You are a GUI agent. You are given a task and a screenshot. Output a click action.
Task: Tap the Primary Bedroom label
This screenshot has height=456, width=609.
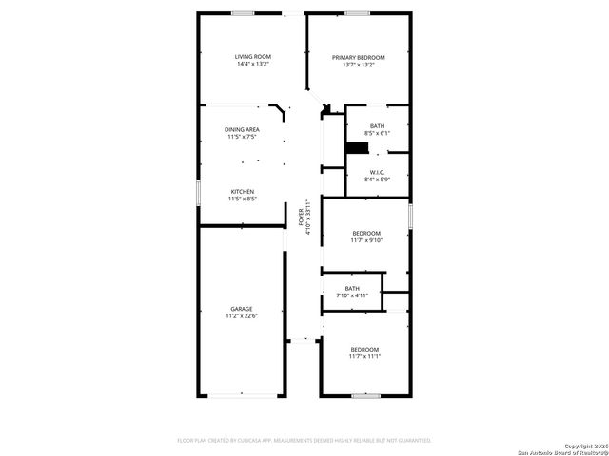[x=358, y=57]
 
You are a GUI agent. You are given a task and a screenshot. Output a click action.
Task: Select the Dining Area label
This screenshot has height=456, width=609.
[x=242, y=129]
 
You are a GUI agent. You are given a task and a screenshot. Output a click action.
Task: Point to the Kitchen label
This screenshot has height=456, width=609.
[x=242, y=191]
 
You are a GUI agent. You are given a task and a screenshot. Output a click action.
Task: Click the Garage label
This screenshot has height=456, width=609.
[x=242, y=308]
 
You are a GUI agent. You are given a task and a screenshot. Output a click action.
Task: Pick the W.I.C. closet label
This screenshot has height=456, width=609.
[x=377, y=172]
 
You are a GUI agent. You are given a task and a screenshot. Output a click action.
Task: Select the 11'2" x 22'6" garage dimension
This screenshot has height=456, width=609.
[x=242, y=315]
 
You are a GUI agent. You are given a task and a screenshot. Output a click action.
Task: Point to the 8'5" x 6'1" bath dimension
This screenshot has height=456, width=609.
[x=377, y=134]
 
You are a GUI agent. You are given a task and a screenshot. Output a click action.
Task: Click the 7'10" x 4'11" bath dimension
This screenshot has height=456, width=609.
[x=352, y=295]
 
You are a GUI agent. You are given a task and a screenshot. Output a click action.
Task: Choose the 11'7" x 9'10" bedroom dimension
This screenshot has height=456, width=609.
[x=366, y=240]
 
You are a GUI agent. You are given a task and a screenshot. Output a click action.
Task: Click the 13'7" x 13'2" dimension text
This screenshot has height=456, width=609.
[x=358, y=65]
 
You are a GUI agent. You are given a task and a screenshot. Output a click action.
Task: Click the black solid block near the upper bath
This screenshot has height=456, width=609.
[x=357, y=147]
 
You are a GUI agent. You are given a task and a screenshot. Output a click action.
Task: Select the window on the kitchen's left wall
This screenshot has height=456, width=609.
[x=198, y=192]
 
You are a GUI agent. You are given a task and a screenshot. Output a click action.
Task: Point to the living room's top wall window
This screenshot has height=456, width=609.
[x=243, y=13]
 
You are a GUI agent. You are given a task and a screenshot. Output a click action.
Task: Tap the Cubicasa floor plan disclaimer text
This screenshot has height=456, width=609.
[x=304, y=440]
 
